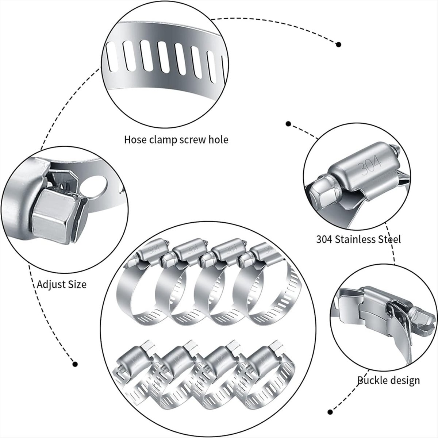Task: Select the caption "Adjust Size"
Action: click(62, 284)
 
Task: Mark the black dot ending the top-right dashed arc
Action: click(339, 45)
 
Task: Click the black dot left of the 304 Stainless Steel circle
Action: click(288, 124)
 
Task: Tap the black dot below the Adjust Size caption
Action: click(75, 364)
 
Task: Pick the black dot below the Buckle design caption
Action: click(331, 411)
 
